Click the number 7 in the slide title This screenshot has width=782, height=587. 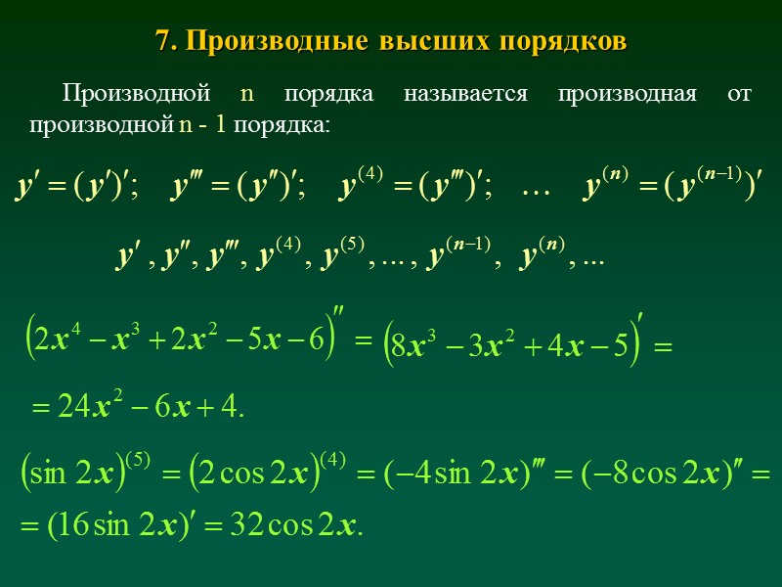click(x=162, y=42)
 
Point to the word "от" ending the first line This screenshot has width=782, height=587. click(x=741, y=95)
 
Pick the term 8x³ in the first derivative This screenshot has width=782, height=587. click(x=410, y=344)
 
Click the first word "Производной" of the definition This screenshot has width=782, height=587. click(x=136, y=95)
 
